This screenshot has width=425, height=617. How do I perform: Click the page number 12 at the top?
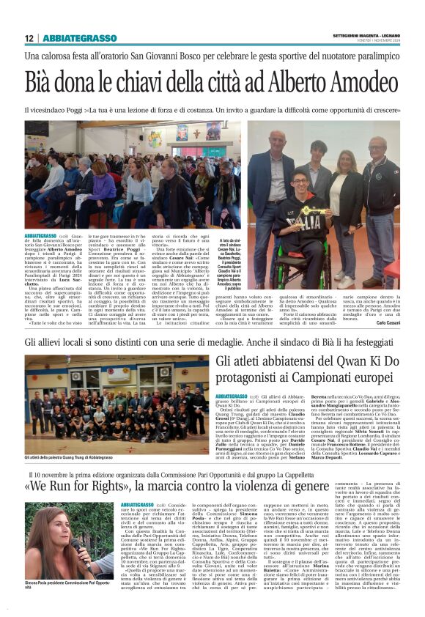tap(29, 38)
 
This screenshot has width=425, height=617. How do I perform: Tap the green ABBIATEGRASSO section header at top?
tap(79, 38)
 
